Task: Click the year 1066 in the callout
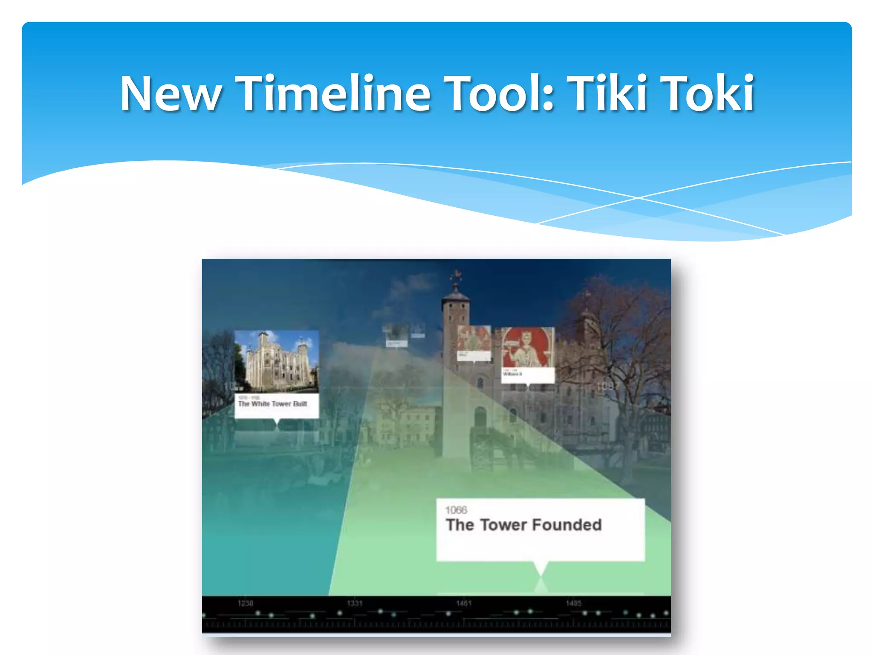click(x=456, y=510)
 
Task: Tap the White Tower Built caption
click(x=272, y=404)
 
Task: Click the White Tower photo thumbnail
click(x=276, y=361)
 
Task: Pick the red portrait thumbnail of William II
click(x=528, y=348)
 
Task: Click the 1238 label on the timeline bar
click(x=245, y=603)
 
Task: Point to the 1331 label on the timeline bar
click(x=354, y=603)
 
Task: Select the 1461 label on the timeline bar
click(x=464, y=603)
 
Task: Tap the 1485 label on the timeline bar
click(x=573, y=603)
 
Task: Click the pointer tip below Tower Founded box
click(x=541, y=574)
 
